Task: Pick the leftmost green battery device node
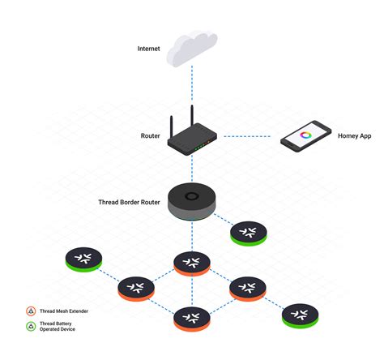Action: [83, 259]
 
